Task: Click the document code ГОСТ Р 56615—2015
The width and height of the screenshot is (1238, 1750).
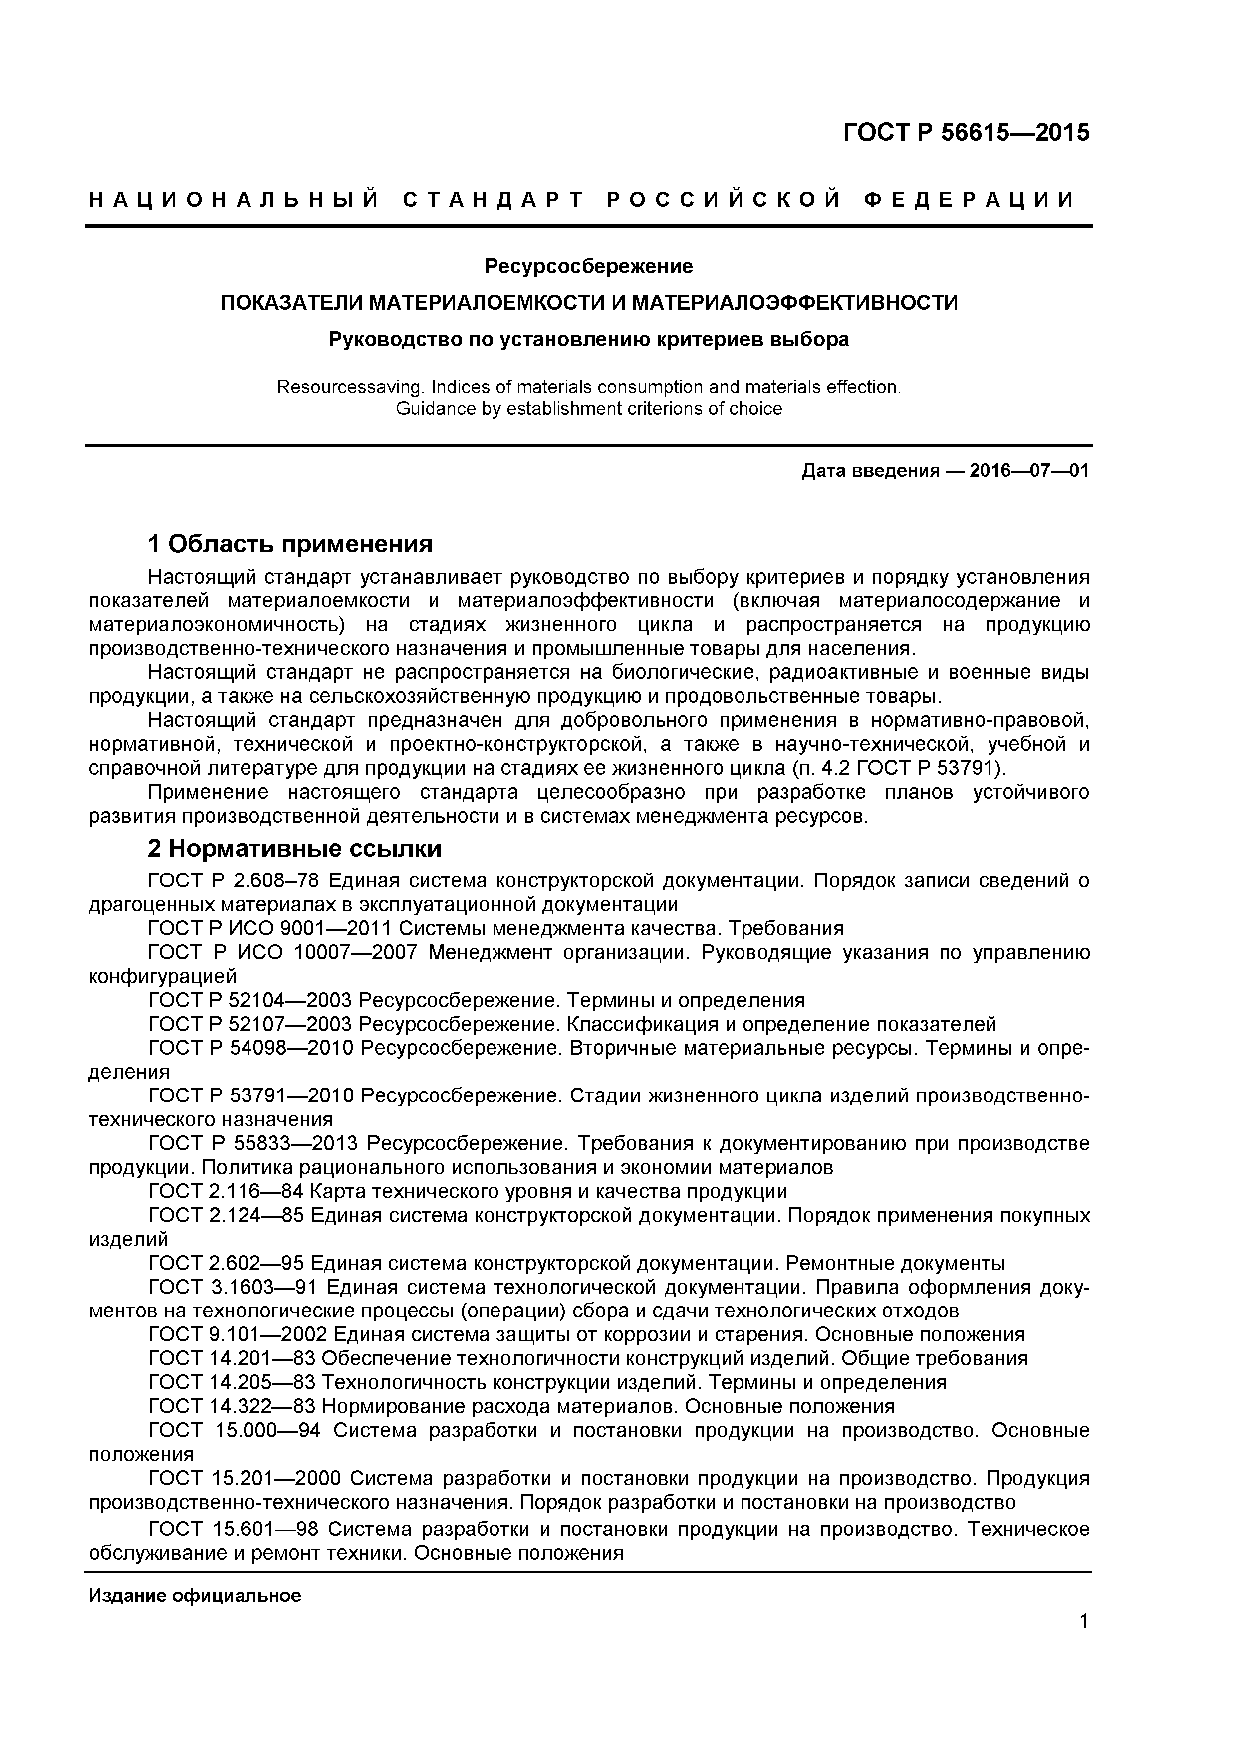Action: coord(966,133)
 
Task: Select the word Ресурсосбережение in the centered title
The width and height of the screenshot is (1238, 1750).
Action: coord(588,267)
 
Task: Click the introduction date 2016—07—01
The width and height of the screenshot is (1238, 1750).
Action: coord(1029,471)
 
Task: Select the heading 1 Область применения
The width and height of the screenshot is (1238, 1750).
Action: coord(290,544)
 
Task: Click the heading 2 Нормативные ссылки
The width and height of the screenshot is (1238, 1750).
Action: coord(294,849)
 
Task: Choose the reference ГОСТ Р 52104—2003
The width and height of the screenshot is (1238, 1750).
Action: coord(250,1000)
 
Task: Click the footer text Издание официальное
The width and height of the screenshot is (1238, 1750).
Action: coord(195,1596)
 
